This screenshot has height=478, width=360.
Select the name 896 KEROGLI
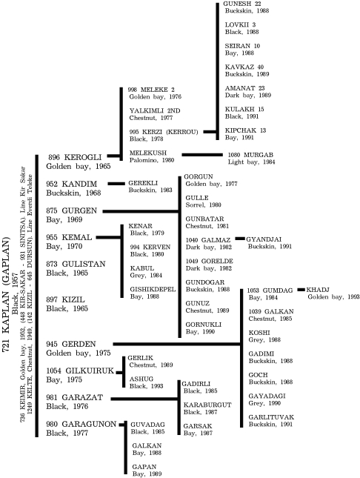coord(75,157)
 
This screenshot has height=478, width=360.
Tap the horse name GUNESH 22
coord(242,4)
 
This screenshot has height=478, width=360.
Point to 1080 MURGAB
coord(250,155)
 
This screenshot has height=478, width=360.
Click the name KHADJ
coord(318,290)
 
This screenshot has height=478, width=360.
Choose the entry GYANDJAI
coord(264,239)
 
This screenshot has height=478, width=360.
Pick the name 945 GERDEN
coord(71,344)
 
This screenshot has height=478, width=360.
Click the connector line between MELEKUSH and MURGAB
coord(202,155)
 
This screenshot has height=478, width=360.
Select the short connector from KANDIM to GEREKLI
coord(116,184)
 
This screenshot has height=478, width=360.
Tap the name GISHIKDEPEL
coord(153,289)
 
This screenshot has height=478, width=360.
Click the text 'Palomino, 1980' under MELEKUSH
coord(152,160)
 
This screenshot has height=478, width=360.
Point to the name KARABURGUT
coord(207,405)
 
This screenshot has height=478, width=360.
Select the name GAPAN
coord(144,467)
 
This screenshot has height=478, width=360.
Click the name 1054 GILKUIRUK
coord(80,371)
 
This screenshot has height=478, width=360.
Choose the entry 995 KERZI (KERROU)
coord(164,132)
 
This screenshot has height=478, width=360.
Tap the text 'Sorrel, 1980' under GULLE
coord(203,205)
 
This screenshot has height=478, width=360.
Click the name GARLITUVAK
coord(271,417)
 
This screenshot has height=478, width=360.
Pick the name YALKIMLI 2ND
coord(155,110)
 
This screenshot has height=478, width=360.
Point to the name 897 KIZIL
coord(65,299)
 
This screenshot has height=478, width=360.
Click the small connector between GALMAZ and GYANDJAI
coord(240,239)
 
